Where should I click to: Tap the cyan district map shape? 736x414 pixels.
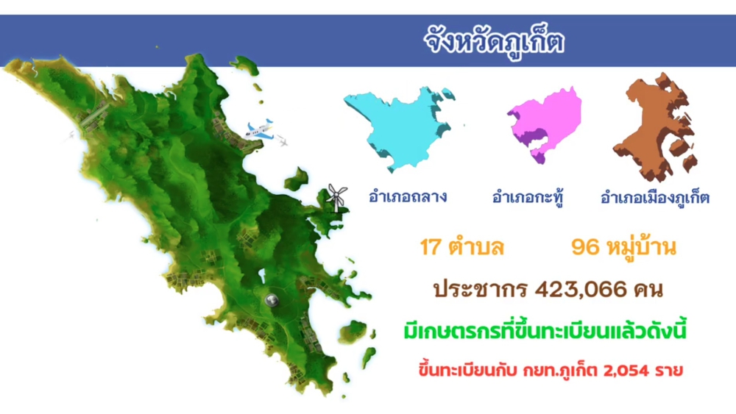397,121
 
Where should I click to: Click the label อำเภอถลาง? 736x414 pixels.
408,197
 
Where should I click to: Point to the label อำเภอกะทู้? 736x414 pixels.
528,198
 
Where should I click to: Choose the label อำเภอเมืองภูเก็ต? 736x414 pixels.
655,198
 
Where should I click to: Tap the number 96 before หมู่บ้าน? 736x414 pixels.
585,247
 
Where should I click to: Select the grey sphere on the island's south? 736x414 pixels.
271,300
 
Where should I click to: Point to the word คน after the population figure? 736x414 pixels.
646,289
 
